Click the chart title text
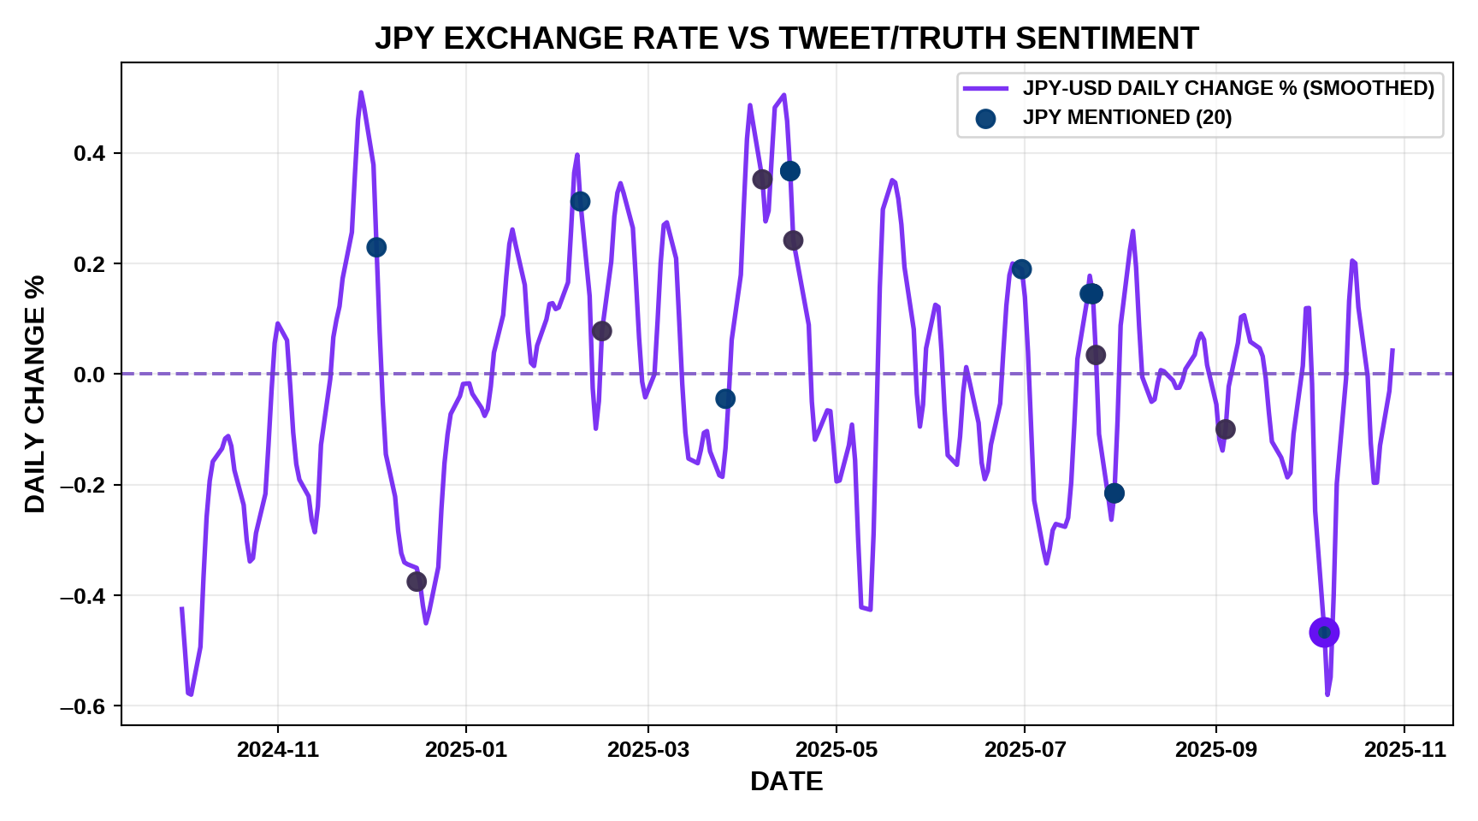pos(786,38)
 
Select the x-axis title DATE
pos(786,781)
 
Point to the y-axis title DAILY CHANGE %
pos(35,393)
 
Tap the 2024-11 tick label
pos(278,750)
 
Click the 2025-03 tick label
pos(648,750)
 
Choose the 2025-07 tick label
pos(1025,750)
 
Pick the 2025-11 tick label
pos(1404,750)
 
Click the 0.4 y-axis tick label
pos(89,154)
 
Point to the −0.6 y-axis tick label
pos(82,706)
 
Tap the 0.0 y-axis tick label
pos(89,375)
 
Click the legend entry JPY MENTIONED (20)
pos(1126,118)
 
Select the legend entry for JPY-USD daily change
pos(1227,88)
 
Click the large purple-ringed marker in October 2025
pos(1324,633)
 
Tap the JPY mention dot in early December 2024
pos(376,247)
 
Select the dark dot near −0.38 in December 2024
pos(417,582)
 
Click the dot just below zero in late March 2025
pos(725,399)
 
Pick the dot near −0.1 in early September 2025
pos(1225,429)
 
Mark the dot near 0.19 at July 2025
pos(1021,269)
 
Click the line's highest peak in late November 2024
pos(361,92)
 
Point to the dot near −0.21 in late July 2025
pos(1114,493)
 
